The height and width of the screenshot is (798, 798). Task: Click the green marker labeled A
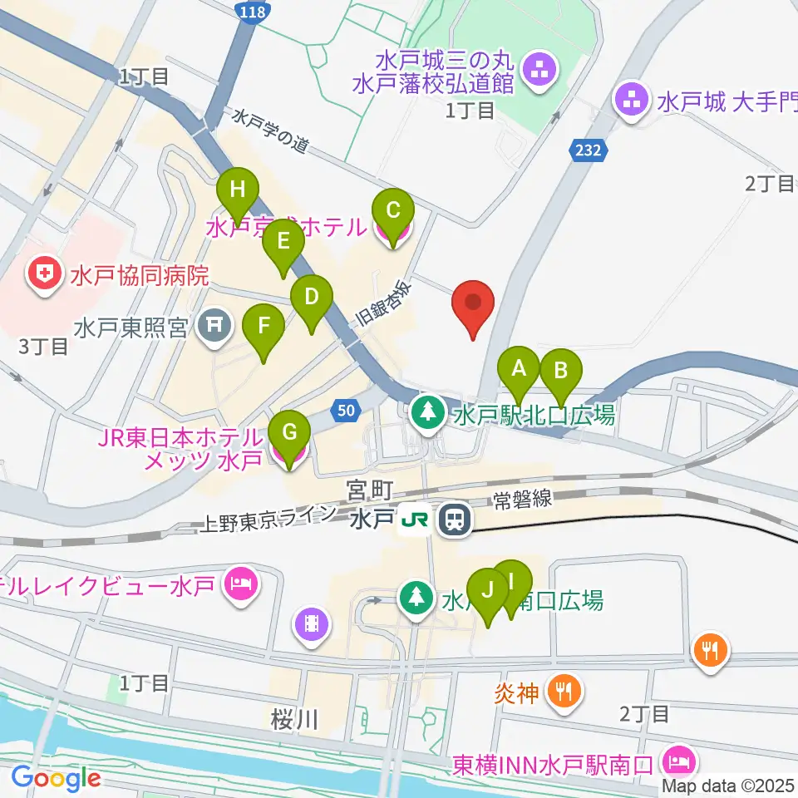[519, 367]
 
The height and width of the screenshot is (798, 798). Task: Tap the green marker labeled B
[560, 370]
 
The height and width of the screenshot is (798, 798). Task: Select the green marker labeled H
[238, 190]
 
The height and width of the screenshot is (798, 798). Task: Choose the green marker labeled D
[311, 297]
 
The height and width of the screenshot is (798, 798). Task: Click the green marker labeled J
[488, 589]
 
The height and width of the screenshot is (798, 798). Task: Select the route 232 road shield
[589, 151]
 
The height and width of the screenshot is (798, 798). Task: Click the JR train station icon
[454, 520]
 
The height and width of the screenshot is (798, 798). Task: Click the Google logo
[57, 778]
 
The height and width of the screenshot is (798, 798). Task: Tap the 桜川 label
[295, 719]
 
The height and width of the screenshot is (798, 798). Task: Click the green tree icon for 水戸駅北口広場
[429, 411]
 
